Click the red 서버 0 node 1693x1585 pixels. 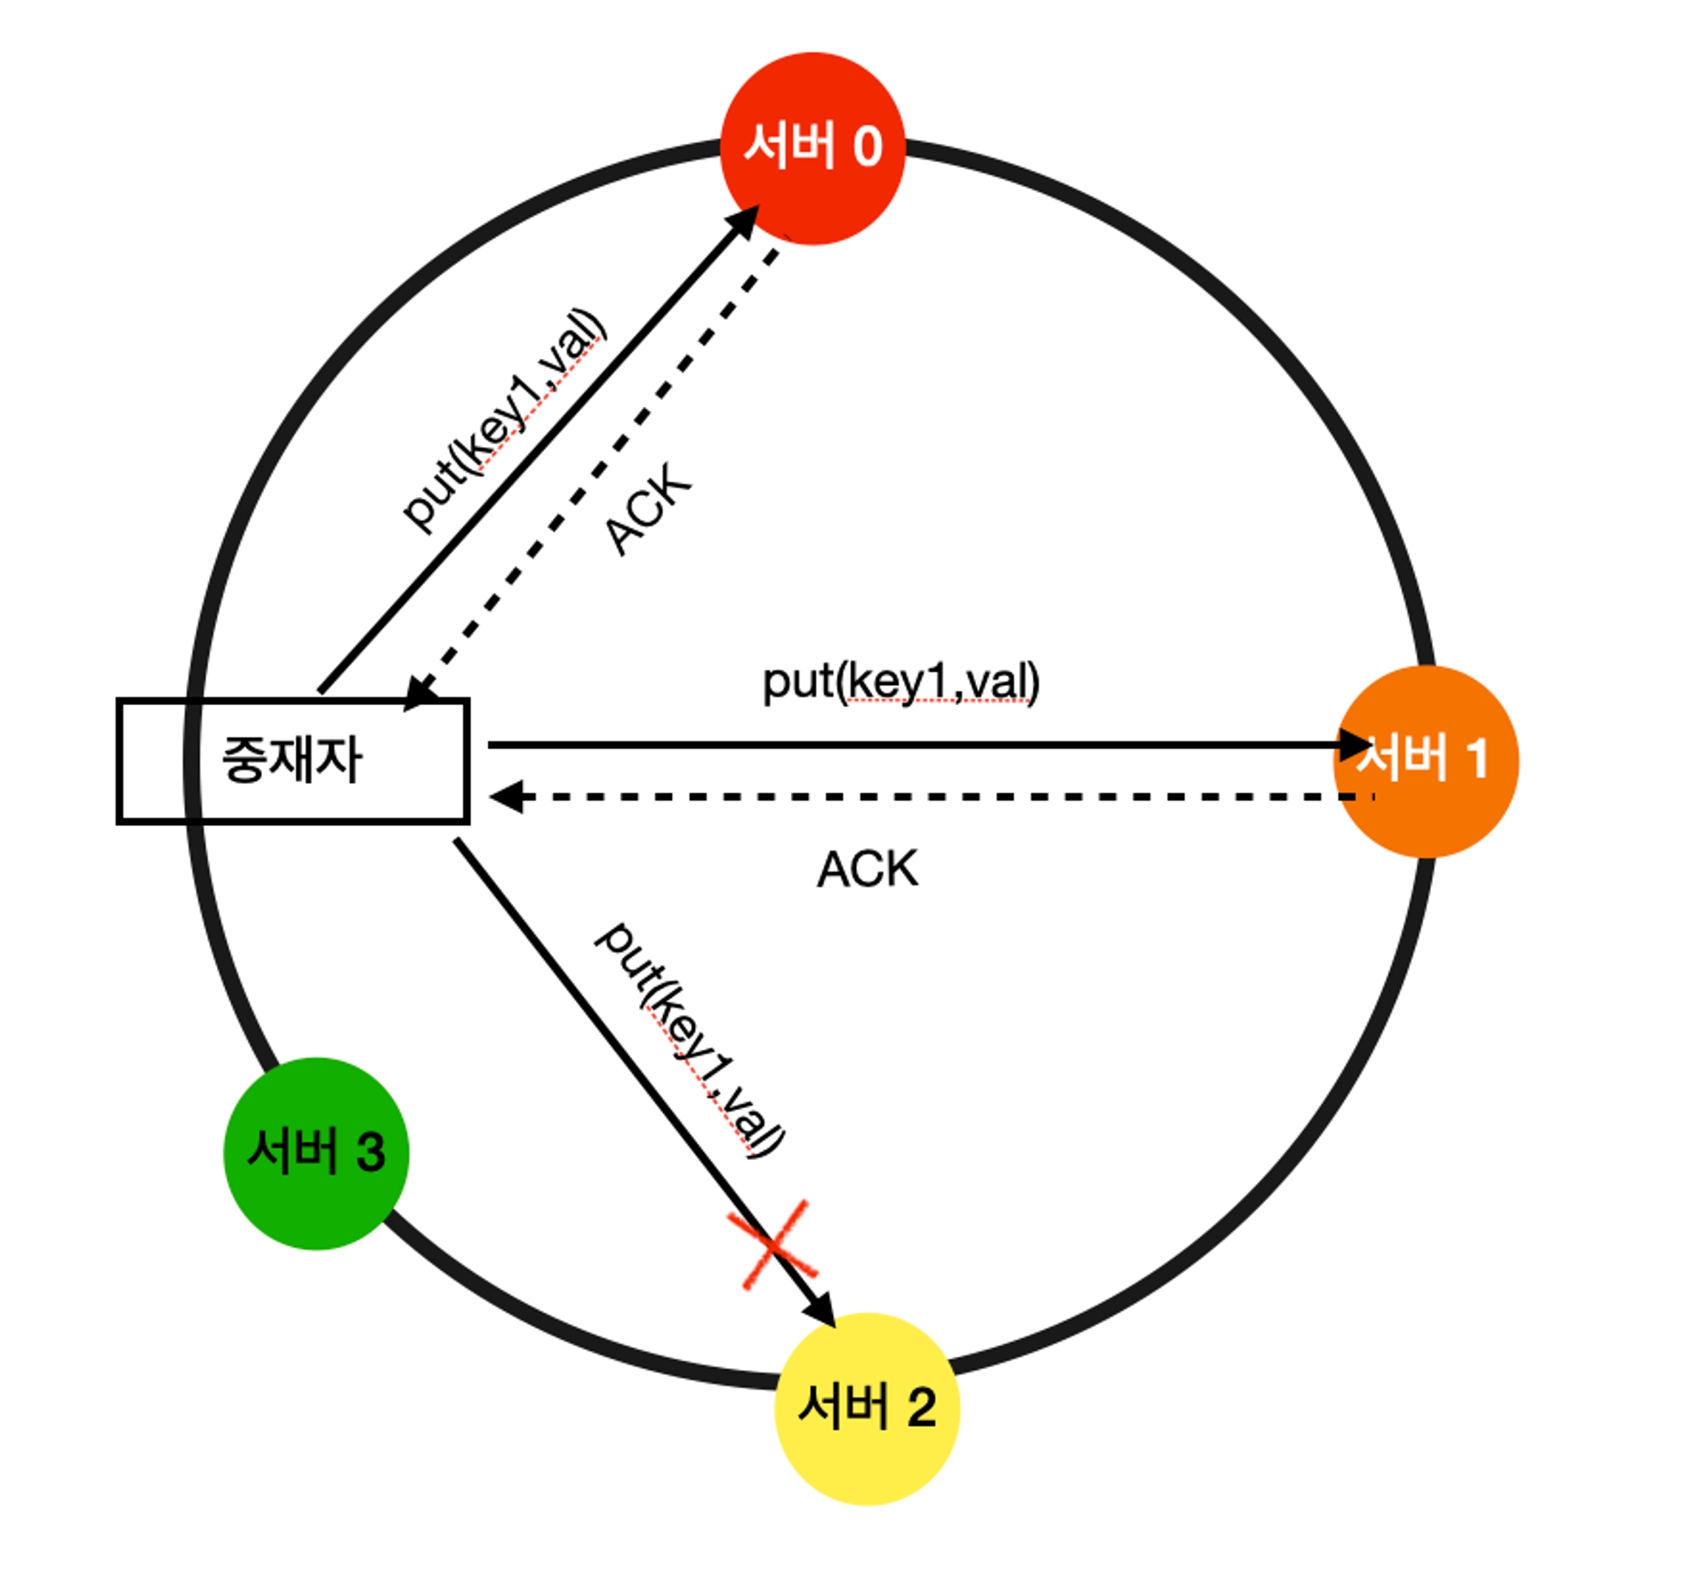pyautogui.click(x=812, y=148)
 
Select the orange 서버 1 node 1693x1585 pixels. pyautogui.click(x=1425, y=761)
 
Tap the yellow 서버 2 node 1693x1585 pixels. pyautogui.click(x=867, y=1408)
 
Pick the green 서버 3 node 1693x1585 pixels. pyautogui.click(x=316, y=1152)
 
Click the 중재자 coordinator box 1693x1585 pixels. pyautogui.click(x=293, y=761)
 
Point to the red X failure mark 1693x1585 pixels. pyautogui.click(x=772, y=1244)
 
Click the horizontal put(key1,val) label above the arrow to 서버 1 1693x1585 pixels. pyautogui.click(x=900, y=681)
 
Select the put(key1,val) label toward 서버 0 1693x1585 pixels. pyautogui.click(x=503, y=420)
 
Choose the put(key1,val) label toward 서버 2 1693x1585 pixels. pyautogui.click(x=689, y=1039)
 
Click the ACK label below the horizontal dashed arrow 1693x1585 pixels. pyautogui.click(x=867, y=869)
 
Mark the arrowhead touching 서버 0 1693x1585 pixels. pyautogui.click(x=745, y=220)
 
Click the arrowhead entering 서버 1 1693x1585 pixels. pyautogui.click(x=1354, y=745)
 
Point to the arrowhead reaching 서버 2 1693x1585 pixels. pyautogui.click(x=822, y=1310)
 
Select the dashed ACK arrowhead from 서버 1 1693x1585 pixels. pyautogui.click(x=505, y=797)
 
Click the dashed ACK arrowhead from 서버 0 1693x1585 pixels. pyautogui.click(x=420, y=694)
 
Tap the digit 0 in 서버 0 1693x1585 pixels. pyautogui.click(x=868, y=146)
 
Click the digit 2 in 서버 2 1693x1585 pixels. pyautogui.click(x=921, y=1408)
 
